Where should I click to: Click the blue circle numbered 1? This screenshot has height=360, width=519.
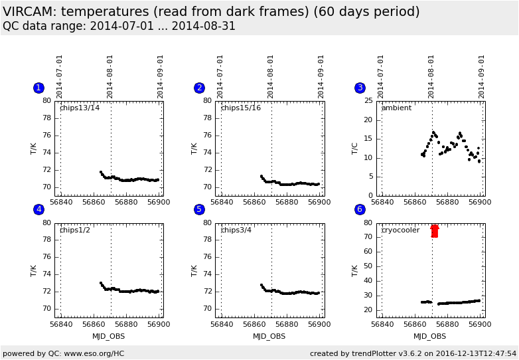38,88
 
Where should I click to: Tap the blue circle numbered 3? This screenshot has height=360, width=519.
360,88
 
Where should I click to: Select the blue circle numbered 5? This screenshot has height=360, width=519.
199,209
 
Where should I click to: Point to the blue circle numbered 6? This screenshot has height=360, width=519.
360,209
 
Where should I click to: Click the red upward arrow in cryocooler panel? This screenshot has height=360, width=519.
435,230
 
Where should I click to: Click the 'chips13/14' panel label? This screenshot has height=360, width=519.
80,108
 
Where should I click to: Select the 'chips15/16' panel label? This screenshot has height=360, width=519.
240,108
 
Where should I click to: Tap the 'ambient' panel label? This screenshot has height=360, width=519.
396,108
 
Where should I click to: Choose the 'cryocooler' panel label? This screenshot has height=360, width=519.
401,230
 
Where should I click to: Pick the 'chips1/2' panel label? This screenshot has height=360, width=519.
75,230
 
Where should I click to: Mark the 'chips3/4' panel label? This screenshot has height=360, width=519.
236,230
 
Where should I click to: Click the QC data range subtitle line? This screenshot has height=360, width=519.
119,27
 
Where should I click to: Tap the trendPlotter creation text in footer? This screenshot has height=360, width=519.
413,353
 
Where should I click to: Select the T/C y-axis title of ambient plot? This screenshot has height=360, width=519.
354,147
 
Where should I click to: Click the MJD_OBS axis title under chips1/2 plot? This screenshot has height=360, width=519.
109,336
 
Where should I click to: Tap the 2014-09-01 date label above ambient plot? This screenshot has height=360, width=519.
481,76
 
